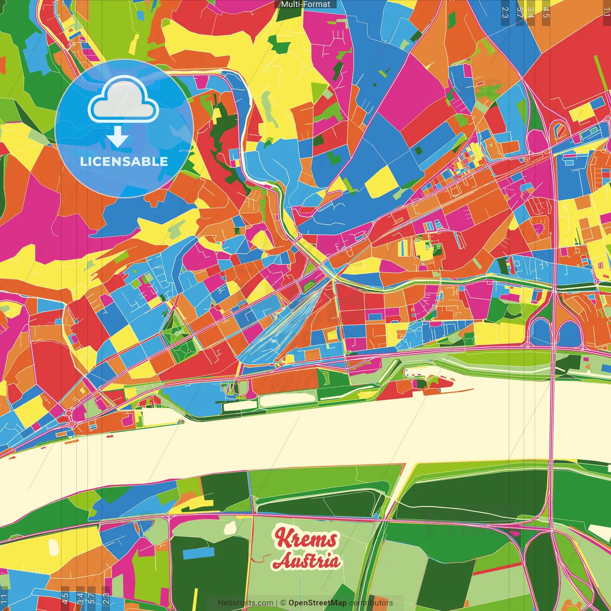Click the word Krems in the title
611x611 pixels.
306,538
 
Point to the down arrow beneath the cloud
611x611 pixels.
117,138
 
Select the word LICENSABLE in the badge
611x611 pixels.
124,161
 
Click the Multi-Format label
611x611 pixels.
305,4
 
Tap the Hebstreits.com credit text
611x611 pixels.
245,603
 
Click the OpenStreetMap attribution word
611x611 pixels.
317,603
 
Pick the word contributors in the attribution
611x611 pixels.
371,603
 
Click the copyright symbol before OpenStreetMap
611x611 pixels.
283,603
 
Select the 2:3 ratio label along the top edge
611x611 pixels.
505,12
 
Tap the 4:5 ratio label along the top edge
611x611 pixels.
546,12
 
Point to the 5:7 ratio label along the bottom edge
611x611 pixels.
91,598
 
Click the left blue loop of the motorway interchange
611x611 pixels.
539,332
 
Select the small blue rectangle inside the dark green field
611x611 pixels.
199,553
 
